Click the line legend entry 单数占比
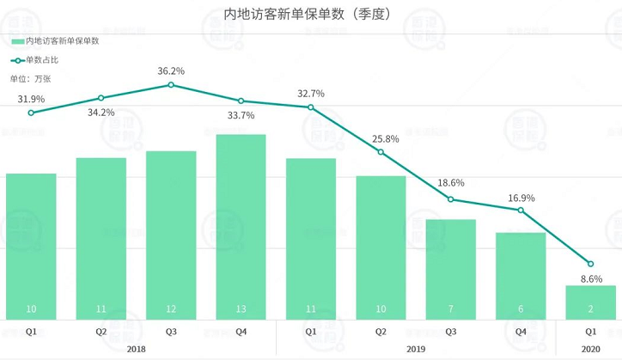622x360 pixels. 40,59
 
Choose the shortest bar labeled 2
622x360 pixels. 591,302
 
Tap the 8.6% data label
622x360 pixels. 591,279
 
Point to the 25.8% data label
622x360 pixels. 381,138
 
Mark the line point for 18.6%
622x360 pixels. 451,199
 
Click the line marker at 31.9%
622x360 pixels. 31,113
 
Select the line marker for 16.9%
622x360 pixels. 521,210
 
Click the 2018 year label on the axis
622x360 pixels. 136,349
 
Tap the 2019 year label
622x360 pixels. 416,349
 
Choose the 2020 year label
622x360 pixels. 591,349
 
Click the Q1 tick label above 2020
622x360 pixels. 591,331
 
